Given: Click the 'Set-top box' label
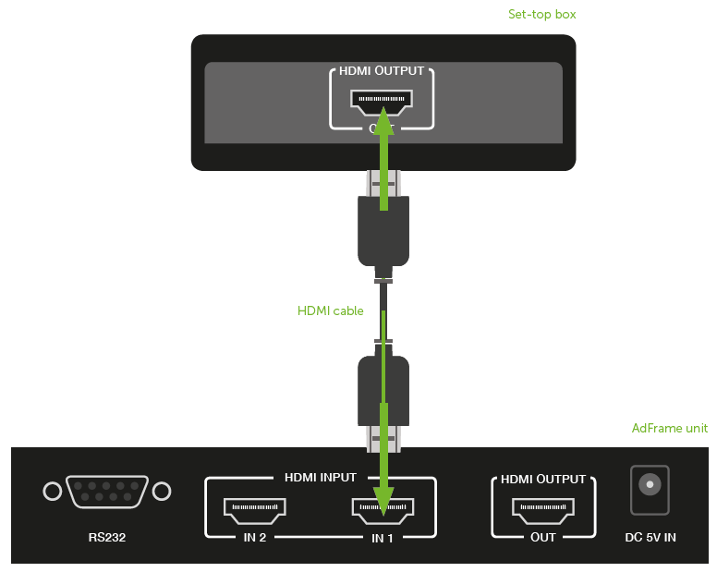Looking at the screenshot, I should pos(542,15).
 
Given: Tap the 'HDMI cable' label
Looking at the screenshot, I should pos(330,311).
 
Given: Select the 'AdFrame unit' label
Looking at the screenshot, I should pos(670,428).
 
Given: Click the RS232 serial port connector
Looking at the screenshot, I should pos(107,492).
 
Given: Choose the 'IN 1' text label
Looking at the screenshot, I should pos(383,537).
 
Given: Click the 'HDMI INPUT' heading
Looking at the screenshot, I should pos(319,478).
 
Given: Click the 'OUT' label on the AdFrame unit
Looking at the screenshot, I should pos(542,537).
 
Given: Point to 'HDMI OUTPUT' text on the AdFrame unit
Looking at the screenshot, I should pos(543,479).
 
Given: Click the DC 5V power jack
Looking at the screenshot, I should pos(649,489).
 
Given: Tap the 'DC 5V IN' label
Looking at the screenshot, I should pos(650,537).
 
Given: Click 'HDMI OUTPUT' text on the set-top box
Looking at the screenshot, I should pos(382,70).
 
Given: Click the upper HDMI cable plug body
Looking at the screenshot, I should pos(383,230).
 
